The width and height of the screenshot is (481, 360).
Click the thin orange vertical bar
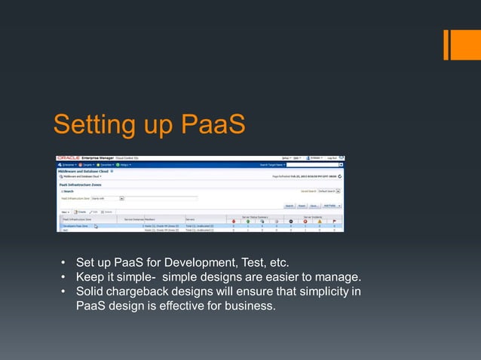pyautogui.click(x=446, y=44)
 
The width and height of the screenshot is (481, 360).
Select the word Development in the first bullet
pyautogui.click(x=196, y=263)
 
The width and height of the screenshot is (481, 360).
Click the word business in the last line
pyautogui.click(x=250, y=306)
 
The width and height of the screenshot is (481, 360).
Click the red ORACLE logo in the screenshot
pyautogui.click(x=69, y=158)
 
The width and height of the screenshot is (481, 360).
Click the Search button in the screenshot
pyautogui.click(x=289, y=205)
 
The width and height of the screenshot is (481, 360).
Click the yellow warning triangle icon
pyautogui.click(x=319, y=221)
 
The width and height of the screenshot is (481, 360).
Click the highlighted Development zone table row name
pyautogui.click(x=75, y=226)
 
